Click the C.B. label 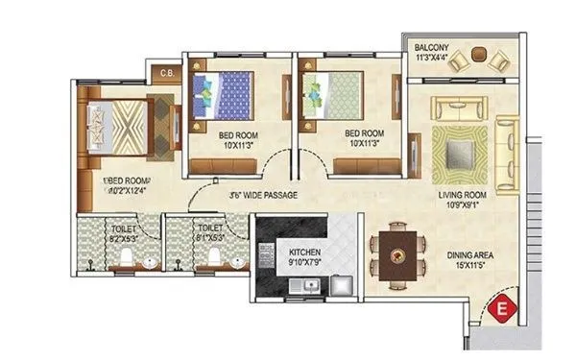[165, 71]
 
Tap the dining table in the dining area [396, 254]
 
